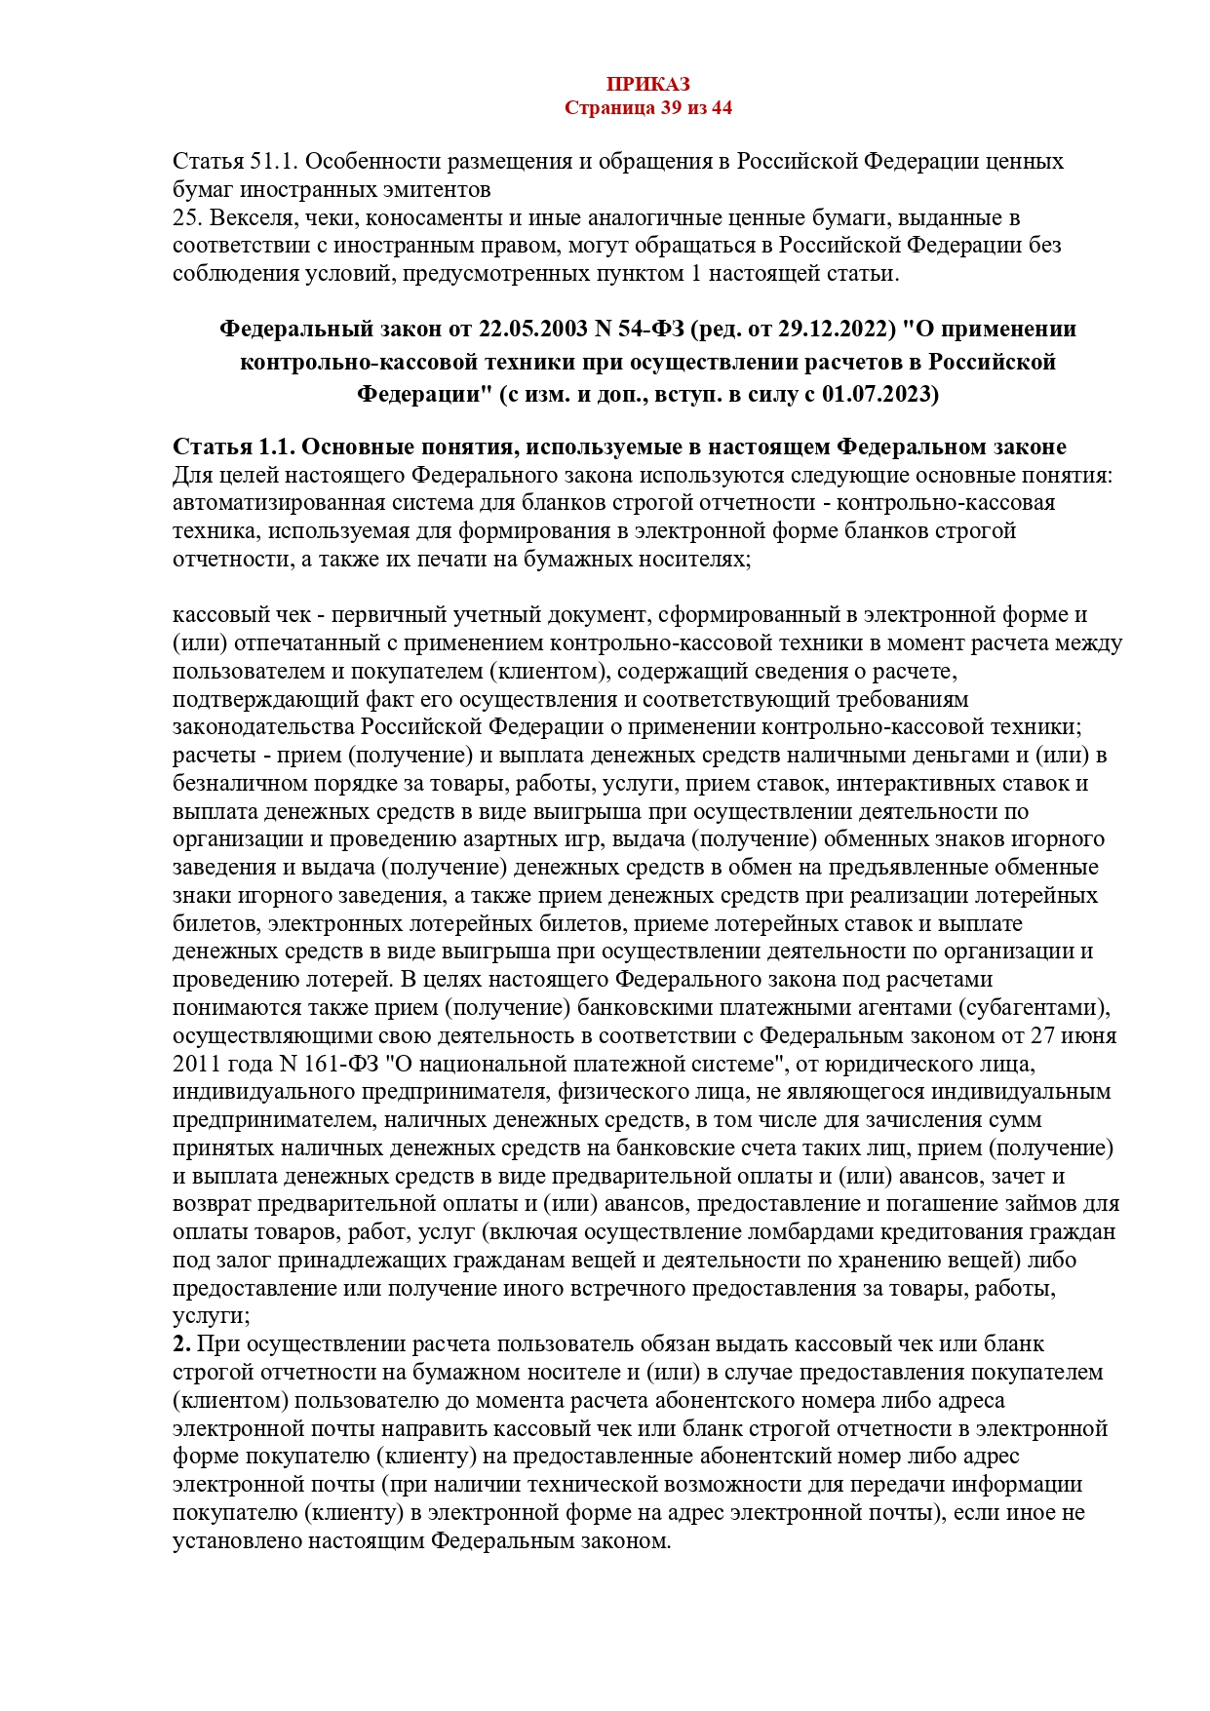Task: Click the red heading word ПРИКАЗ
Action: tap(647, 85)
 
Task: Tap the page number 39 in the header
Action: tap(671, 108)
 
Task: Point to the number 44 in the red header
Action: tap(721, 108)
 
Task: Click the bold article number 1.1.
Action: tap(276, 447)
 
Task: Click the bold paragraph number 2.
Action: tap(181, 1344)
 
